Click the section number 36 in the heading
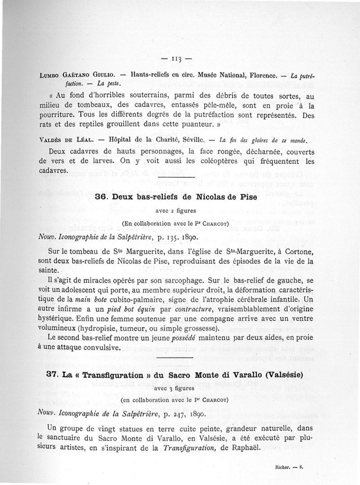pyautogui.click(x=101, y=197)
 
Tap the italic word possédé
pyautogui.click(x=185, y=337)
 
